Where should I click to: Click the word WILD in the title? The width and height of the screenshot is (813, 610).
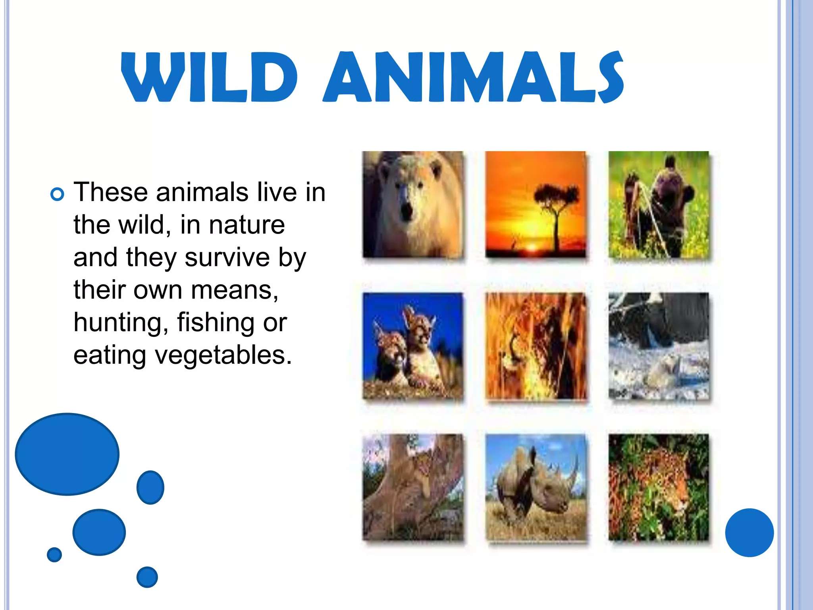point(209,77)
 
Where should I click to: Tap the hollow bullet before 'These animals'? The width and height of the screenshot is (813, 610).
point(58,194)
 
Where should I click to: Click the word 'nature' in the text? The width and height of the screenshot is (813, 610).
point(247,225)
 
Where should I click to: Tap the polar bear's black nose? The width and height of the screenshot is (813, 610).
point(406,211)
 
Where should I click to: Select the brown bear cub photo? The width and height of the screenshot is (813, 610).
point(659,205)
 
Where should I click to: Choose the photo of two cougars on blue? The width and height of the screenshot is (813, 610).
point(412,346)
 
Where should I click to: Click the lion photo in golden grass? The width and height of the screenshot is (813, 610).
point(536,346)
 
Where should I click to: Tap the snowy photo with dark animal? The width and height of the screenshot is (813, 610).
point(659,346)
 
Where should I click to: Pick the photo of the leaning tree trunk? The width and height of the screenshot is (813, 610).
point(412,487)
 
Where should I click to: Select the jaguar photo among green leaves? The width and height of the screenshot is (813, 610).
point(659,487)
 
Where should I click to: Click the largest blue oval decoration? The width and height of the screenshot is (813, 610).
point(67,454)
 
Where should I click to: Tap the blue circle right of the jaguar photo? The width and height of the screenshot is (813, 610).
point(749,533)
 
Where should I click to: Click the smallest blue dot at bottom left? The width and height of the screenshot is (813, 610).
point(54,554)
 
